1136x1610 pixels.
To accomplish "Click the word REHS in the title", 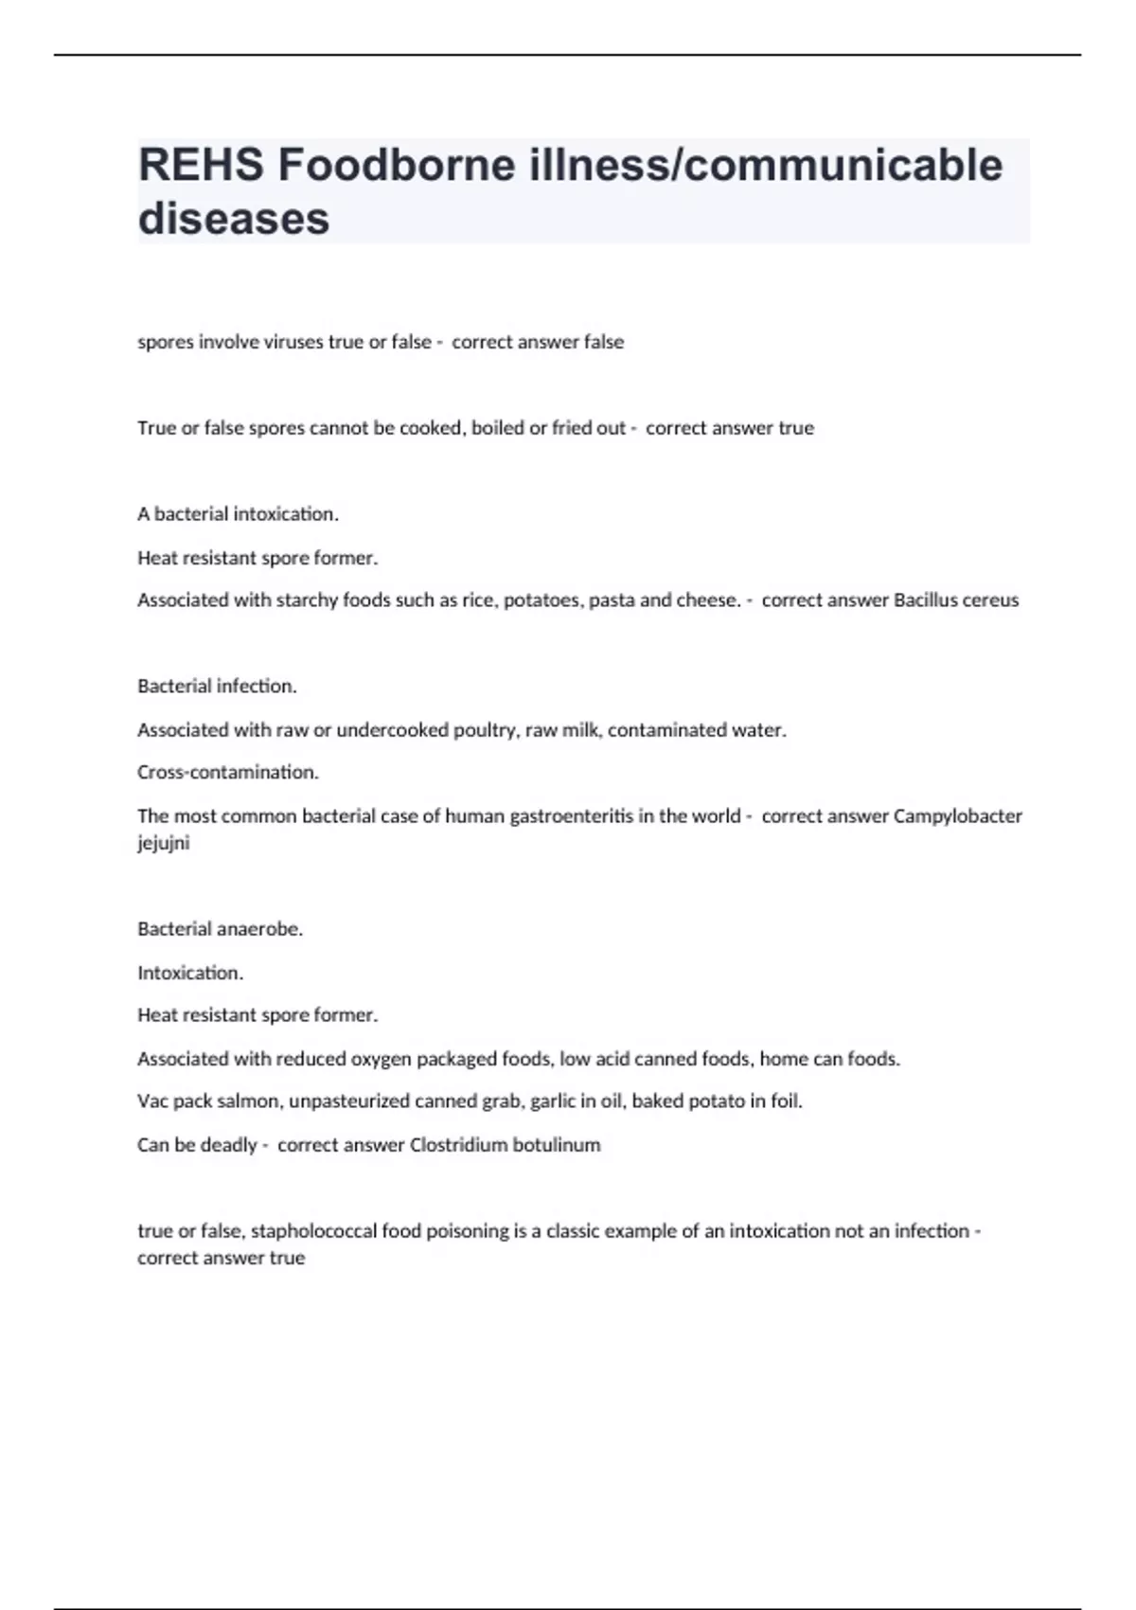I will click(x=201, y=166).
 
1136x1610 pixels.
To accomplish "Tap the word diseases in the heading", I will click(x=234, y=218).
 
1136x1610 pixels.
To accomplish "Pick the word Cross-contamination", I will click(x=227, y=773).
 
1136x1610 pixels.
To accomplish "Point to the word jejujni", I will click(x=163, y=843).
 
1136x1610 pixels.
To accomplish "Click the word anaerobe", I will click(x=259, y=929).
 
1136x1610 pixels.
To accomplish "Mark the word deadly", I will click(x=228, y=1145).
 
